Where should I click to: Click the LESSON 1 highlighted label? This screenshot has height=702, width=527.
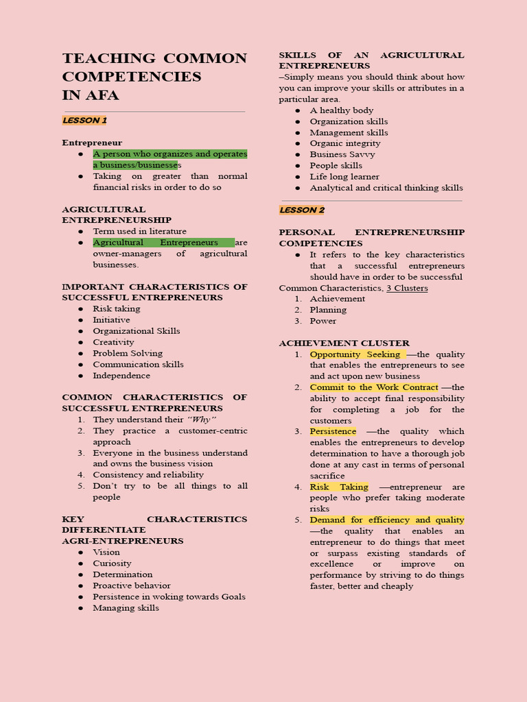click(x=84, y=121)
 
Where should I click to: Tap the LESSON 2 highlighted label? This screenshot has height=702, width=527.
click(x=302, y=210)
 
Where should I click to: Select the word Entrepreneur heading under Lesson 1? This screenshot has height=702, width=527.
click(x=92, y=143)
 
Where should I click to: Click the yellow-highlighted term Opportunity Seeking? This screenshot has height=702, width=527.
click(x=355, y=354)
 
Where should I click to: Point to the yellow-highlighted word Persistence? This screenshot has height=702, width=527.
click(x=333, y=431)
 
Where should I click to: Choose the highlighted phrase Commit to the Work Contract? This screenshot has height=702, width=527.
click(x=373, y=387)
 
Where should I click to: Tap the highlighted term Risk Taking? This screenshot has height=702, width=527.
click(x=339, y=487)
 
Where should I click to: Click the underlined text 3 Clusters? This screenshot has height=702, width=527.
click(x=407, y=288)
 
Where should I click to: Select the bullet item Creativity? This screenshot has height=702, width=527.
click(x=114, y=342)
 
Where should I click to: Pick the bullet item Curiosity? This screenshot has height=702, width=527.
click(x=112, y=564)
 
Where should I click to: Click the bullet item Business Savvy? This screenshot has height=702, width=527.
click(x=342, y=154)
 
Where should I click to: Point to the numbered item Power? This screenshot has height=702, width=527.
click(x=323, y=321)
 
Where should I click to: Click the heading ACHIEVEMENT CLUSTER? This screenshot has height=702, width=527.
click(x=344, y=343)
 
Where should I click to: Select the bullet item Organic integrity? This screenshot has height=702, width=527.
click(x=344, y=143)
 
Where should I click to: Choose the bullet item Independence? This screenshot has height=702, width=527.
click(x=121, y=376)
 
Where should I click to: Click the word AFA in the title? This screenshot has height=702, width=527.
click(x=102, y=95)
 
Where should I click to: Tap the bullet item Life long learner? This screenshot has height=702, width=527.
click(x=344, y=176)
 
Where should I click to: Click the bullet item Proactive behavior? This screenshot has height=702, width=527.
click(x=132, y=585)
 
